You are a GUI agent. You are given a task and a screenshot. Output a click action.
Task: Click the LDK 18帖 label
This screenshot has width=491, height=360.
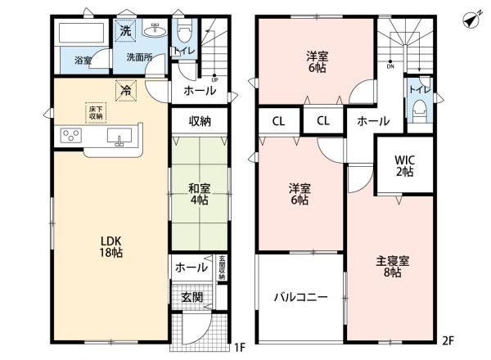(111, 247)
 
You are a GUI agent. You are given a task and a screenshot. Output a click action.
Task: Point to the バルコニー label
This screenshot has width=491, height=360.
(300, 297)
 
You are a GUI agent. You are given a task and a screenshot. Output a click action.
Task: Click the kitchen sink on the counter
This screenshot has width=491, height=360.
(124, 137)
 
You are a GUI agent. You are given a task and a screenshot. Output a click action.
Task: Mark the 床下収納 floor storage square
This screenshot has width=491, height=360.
(95, 111)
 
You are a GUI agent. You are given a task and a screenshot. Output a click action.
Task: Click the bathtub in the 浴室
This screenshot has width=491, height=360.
(79, 35)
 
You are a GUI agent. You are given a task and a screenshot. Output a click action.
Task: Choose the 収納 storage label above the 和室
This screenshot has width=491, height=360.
(200, 121)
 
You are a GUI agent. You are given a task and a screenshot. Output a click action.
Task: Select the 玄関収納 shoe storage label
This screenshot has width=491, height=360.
(221, 271)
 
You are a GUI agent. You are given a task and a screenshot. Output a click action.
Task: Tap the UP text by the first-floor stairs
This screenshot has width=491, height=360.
(214, 79)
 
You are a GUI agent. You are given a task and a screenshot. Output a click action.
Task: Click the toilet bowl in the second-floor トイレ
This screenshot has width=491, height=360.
(421, 106)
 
